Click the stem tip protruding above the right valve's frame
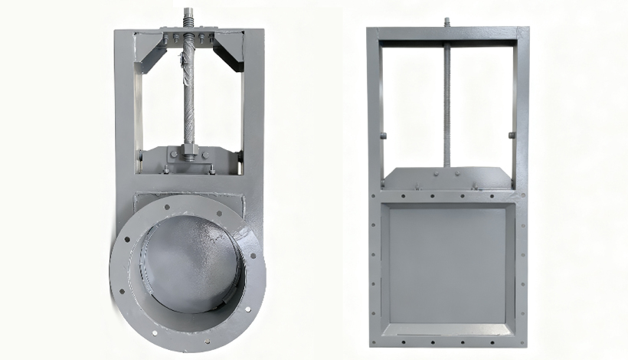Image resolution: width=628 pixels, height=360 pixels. tap(447, 21)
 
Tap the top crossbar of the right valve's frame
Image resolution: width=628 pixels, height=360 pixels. tap(447, 34)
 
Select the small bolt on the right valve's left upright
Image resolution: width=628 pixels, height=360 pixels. tap(384, 137)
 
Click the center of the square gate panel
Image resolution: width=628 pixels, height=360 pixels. tap(447, 264)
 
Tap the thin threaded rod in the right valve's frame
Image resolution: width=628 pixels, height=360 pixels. tap(447, 100)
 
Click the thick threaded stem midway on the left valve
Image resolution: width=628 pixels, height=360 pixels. tap(188, 92)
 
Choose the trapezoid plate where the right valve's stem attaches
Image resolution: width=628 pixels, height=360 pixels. tap(447, 178)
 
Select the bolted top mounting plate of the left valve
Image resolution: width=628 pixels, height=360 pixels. tap(188, 37)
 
